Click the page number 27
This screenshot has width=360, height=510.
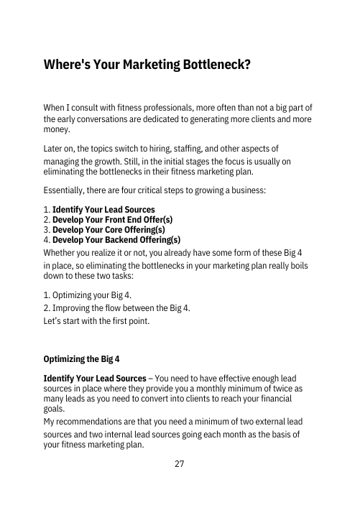coord(180,463)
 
